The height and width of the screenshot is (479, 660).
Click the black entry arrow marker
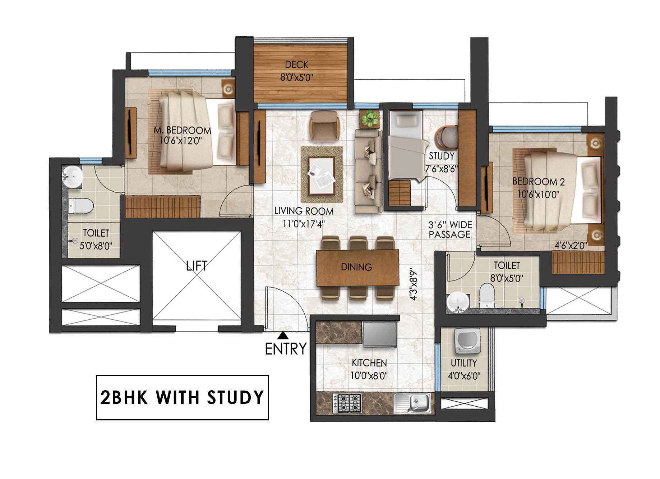click(x=283, y=335)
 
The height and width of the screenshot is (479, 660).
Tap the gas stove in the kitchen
click(x=347, y=403)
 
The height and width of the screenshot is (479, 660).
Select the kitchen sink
click(x=412, y=403)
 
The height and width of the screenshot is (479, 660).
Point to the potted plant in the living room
click(x=370, y=119)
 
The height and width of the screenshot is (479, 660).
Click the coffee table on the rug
click(x=322, y=175)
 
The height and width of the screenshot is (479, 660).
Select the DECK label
click(x=297, y=65)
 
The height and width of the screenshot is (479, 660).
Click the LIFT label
click(x=197, y=266)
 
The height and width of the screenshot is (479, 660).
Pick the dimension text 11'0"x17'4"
click(x=304, y=223)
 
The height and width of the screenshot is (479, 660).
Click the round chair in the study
click(x=447, y=138)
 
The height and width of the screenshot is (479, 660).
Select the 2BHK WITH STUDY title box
click(x=182, y=397)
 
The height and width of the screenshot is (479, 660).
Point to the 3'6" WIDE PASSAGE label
click(x=450, y=230)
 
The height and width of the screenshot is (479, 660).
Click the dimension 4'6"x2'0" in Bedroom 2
click(x=571, y=246)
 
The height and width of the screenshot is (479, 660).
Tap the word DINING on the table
click(x=356, y=267)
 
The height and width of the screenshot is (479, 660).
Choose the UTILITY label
click(x=464, y=363)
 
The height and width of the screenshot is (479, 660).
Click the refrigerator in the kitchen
click(x=379, y=334)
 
